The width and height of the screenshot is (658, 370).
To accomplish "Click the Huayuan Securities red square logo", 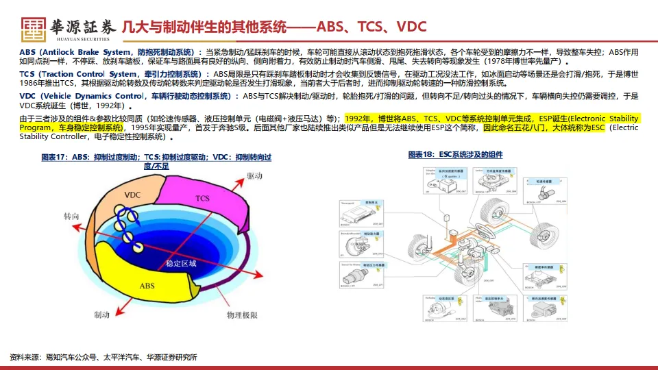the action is [x=34, y=27].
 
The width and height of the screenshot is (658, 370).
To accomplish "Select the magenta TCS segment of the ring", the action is [x=202, y=198].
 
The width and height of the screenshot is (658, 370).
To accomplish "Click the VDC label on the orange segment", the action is [x=132, y=195].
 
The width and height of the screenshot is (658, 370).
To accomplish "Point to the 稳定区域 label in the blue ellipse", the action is [x=181, y=262].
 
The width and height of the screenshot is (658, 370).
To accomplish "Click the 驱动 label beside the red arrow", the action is [x=254, y=176].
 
